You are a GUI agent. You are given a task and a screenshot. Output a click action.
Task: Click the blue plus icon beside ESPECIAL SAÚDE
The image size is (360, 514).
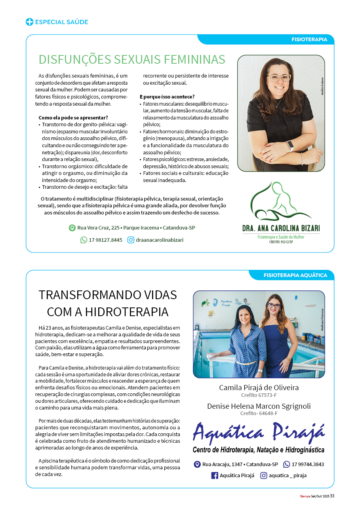pyautogui.click(x=29, y=22)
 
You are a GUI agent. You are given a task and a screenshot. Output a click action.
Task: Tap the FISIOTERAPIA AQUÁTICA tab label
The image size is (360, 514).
pyautogui.click(x=295, y=275)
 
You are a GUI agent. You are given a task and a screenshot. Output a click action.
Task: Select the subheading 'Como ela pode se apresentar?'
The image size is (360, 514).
pyautogui.click(x=73, y=118)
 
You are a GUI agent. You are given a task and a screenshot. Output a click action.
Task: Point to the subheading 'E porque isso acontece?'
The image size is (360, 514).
pyautogui.click(x=167, y=97)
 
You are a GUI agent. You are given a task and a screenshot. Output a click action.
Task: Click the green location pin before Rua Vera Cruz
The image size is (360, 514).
pyautogui.click(x=72, y=228)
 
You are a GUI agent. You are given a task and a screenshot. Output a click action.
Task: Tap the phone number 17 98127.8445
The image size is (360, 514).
pyautogui.click(x=105, y=240)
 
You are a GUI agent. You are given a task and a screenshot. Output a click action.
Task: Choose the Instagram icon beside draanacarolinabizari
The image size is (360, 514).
pyautogui.click(x=131, y=240)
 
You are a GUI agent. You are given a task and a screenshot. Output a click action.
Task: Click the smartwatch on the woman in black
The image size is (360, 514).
pyautogui.click(x=290, y=146)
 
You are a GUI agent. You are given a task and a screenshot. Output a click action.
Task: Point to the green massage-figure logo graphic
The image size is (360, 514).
pyautogui.click(x=280, y=202)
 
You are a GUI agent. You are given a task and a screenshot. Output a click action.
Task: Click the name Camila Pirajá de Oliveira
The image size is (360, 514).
pyautogui.click(x=259, y=388)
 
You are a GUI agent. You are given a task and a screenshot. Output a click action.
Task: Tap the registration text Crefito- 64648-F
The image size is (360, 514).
pyautogui.click(x=259, y=413)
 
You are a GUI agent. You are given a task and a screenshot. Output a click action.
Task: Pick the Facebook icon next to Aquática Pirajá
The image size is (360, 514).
pyautogui.click(x=215, y=476)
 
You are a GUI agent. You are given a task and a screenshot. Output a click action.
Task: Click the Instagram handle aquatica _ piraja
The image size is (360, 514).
pyautogui.click(x=288, y=476)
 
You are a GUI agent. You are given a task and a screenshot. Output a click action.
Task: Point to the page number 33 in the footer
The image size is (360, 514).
pyautogui.click(x=332, y=496)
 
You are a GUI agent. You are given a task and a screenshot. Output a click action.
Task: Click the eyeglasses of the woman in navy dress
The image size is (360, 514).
pyautogui.click(x=274, y=305)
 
